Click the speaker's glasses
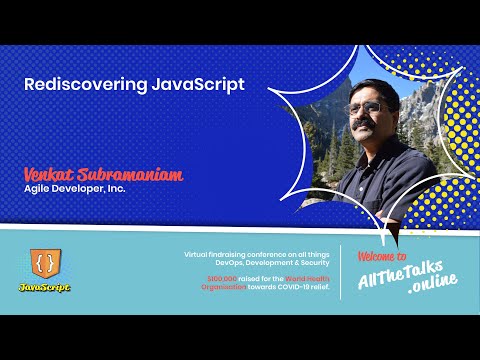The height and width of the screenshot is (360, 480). (369, 106)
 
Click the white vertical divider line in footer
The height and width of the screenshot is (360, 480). (341, 271)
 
